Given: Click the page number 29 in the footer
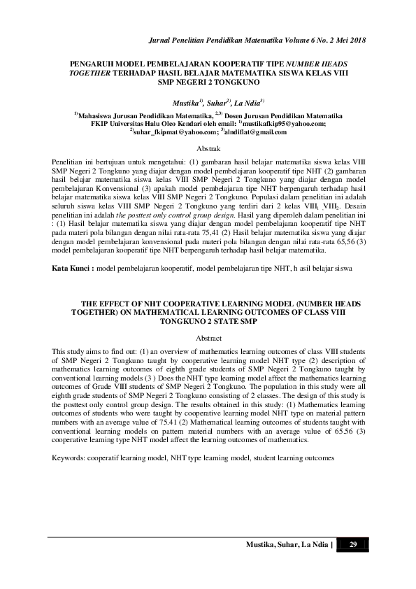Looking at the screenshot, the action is (353, 545).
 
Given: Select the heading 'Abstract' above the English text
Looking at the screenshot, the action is (208, 337).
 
